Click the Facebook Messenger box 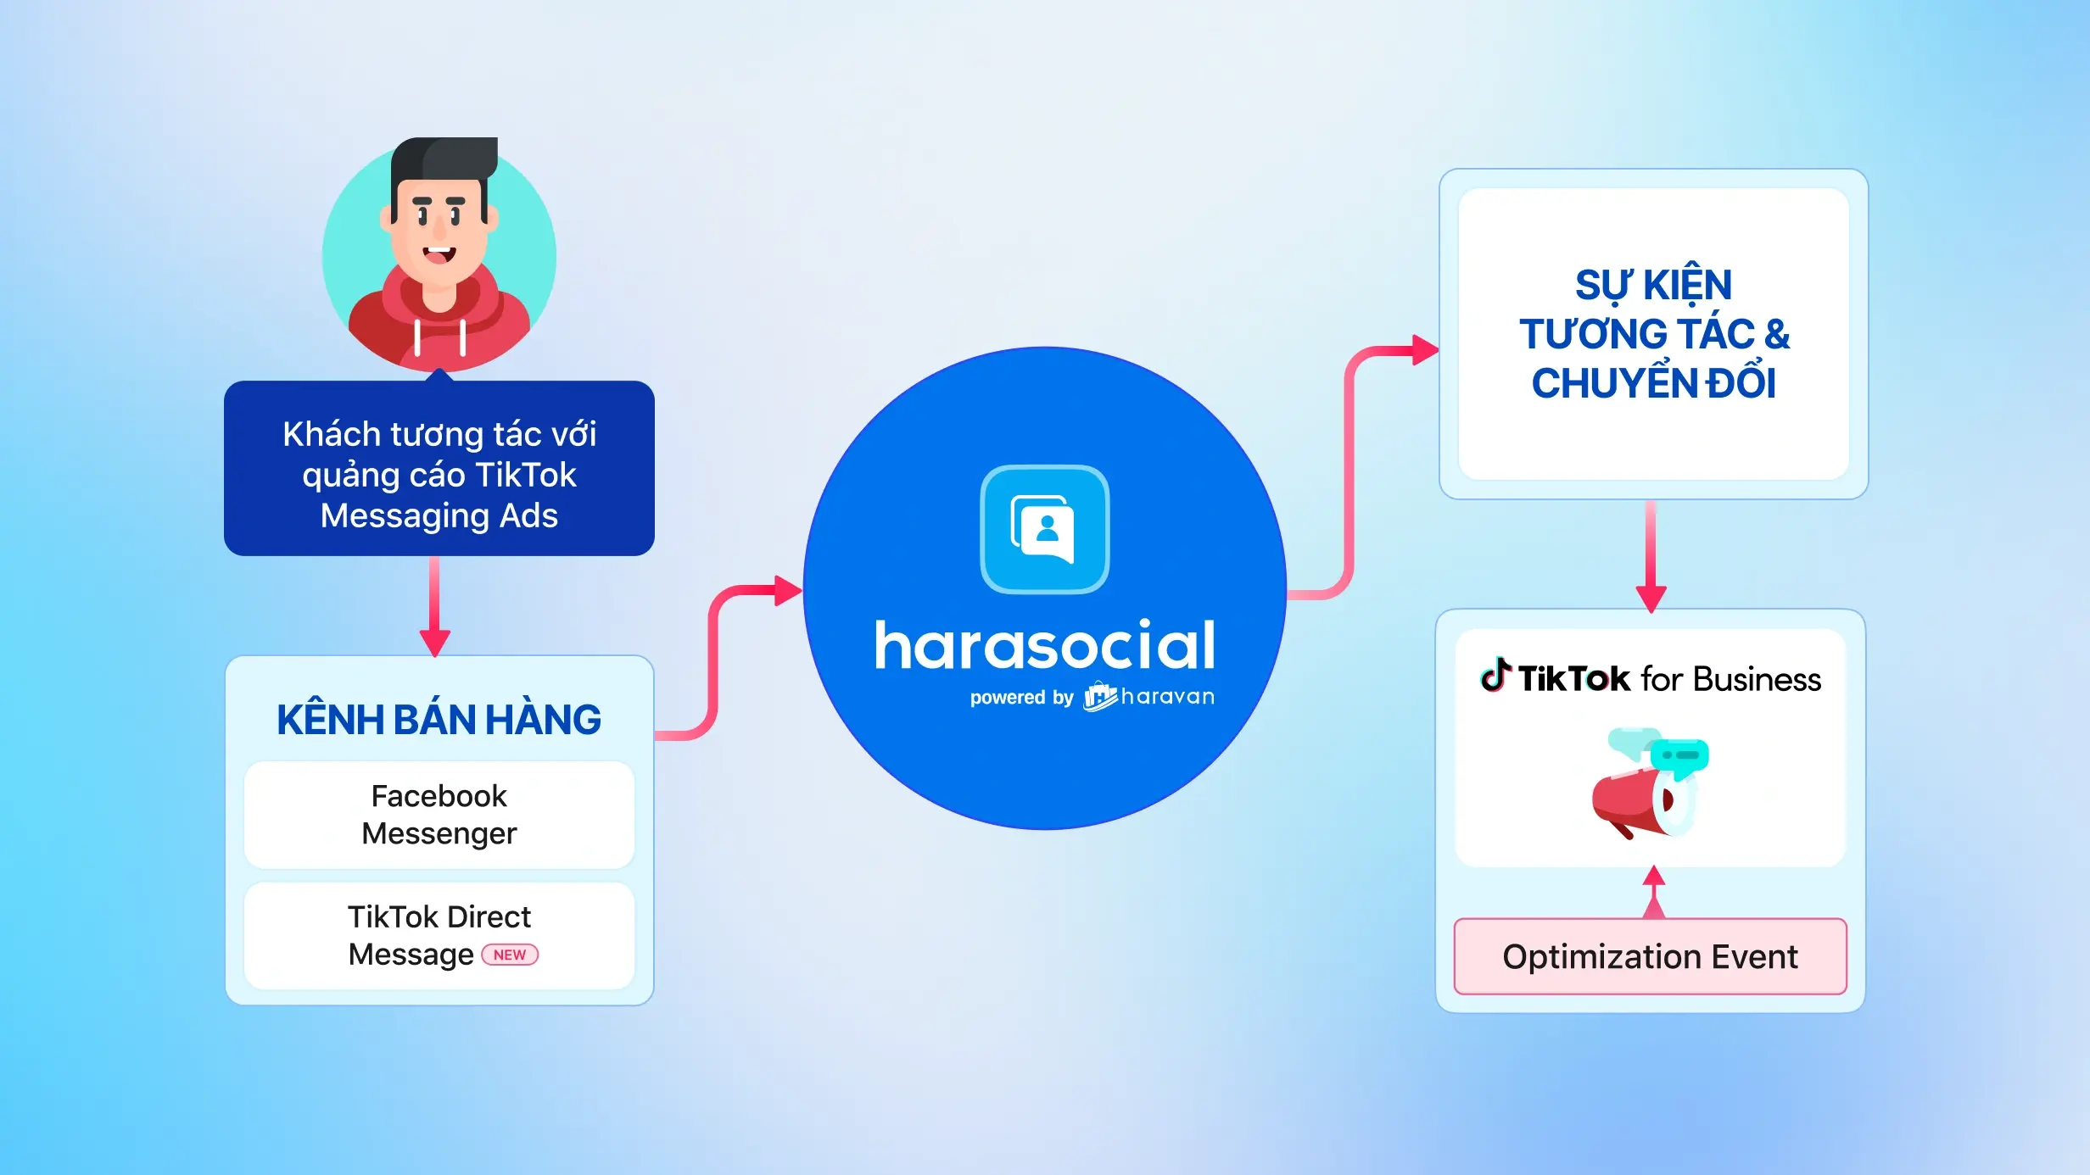click(x=439, y=815)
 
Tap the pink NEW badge click(x=510, y=955)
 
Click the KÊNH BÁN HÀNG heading click(x=439, y=720)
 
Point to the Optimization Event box click(x=1650, y=956)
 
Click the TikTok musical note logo click(x=1495, y=676)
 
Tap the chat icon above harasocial click(x=1044, y=529)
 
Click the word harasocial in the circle click(x=1045, y=646)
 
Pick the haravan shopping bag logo click(x=1100, y=697)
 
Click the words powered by click(x=1021, y=698)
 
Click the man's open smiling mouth click(x=439, y=253)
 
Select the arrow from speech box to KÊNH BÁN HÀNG click(x=434, y=605)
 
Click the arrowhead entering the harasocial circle click(x=788, y=590)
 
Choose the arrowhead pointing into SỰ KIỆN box click(x=1425, y=349)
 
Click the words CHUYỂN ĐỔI click(x=1653, y=383)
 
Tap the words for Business click(x=1730, y=680)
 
